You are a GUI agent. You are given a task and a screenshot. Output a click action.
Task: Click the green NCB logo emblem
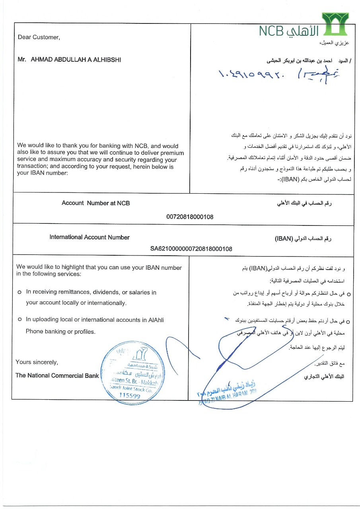pos(335,24)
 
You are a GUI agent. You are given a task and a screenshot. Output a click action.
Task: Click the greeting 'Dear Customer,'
pos(39,37)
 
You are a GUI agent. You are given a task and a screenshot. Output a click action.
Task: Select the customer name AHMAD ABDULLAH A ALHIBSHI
pos(76,60)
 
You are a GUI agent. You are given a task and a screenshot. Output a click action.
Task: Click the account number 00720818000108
pos(190,217)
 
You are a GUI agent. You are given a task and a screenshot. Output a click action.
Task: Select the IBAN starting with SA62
pos(191,249)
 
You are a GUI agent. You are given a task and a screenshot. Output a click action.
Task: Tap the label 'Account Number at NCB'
pos(95,203)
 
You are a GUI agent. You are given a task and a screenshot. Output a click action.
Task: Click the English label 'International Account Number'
pos(90,237)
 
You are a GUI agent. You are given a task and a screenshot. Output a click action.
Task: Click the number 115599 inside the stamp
pos(130,396)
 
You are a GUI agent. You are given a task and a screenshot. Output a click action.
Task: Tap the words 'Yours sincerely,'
pos(37,362)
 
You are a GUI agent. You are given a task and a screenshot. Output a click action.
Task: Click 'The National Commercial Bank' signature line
pos(57,375)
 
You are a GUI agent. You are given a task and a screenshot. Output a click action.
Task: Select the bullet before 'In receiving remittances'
pos(19,293)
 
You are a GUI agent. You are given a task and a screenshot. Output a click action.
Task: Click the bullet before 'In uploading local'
pos(19,320)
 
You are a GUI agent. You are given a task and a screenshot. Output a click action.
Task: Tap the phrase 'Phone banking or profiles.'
pos(60,331)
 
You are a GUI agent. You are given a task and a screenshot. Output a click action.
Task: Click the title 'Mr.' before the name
pos(22,60)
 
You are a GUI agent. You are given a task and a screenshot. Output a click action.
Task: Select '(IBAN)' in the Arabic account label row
pos(284,239)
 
